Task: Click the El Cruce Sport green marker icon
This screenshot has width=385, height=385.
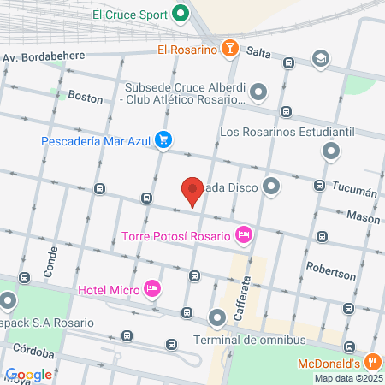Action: [x=181, y=14]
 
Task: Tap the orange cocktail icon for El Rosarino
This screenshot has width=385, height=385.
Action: [x=228, y=49]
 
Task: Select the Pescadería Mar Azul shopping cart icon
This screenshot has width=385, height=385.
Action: [x=163, y=141]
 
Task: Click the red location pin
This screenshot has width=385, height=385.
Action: [x=193, y=190]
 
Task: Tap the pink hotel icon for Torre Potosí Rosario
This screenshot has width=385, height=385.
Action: [x=244, y=234]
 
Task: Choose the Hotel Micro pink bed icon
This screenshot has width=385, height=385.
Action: [x=153, y=288]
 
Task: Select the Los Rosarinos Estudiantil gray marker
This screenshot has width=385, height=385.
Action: [x=332, y=152]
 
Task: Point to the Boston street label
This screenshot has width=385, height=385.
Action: [x=85, y=98]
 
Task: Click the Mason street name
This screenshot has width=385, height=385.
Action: [x=363, y=218]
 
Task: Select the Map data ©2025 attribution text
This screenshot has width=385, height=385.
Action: [x=346, y=378]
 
